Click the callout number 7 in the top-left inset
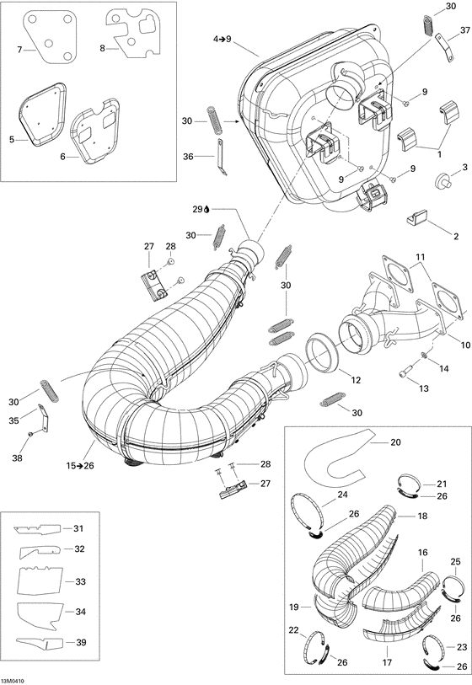click(20, 51)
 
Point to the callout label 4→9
click(222, 39)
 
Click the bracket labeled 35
click(39, 416)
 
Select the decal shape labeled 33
click(41, 581)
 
